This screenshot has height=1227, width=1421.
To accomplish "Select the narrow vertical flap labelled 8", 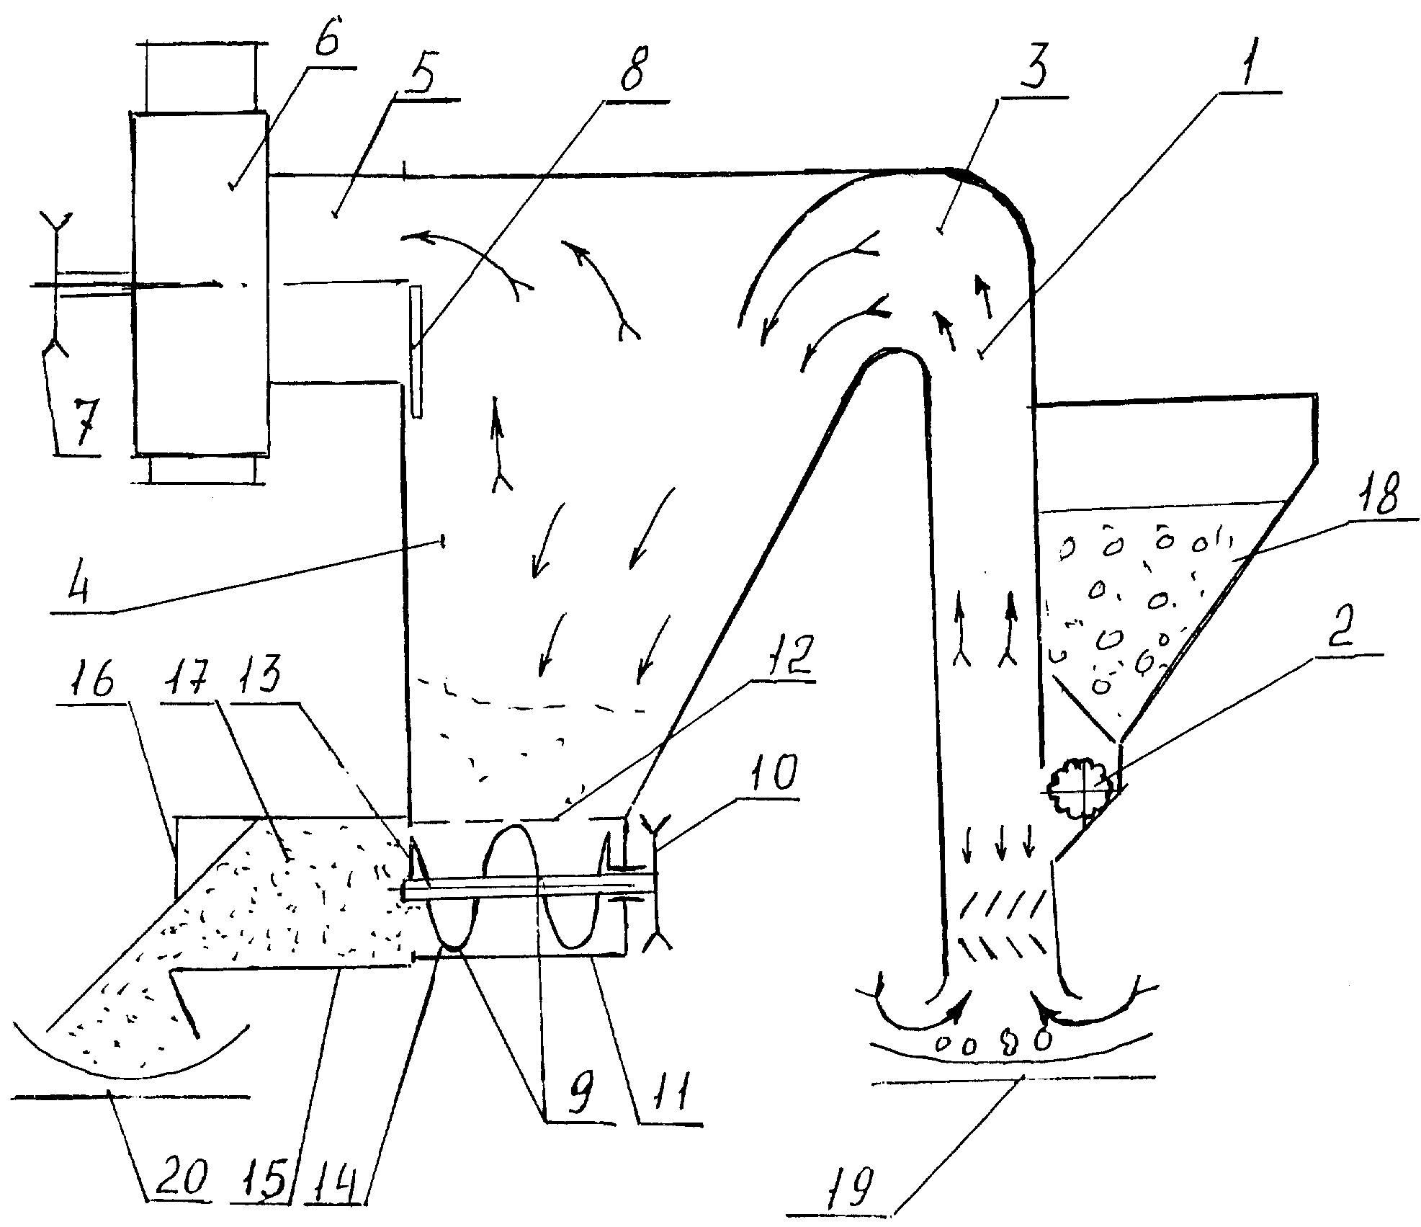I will pyautogui.click(x=415, y=351).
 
